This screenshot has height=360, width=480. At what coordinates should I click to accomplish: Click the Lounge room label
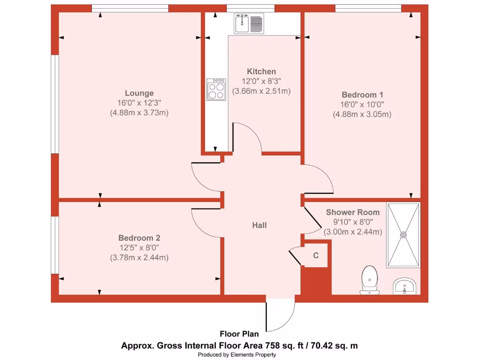(x=139, y=93)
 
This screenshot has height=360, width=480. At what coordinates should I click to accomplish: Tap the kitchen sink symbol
(x=249, y=23)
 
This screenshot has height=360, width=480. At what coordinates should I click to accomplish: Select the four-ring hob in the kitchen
(x=216, y=90)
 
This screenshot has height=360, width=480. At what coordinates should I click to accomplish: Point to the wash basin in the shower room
(x=404, y=285)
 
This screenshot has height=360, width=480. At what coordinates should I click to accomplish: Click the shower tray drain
(x=403, y=235)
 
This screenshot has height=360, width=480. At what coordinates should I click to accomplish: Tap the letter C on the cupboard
(x=316, y=255)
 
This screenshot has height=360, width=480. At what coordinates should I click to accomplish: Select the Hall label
(x=259, y=225)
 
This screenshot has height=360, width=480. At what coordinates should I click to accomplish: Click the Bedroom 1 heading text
(x=362, y=94)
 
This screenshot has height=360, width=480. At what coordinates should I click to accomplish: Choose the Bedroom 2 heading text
(x=139, y=237)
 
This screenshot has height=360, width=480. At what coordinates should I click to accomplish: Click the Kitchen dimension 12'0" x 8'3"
(x=262, y=81)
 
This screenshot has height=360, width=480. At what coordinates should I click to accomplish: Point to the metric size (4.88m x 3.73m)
(x=139, y=112)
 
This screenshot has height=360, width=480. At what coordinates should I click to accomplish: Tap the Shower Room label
(x=352, y=212)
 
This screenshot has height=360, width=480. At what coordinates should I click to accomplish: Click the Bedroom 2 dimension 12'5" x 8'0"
(x=139, y=247)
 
